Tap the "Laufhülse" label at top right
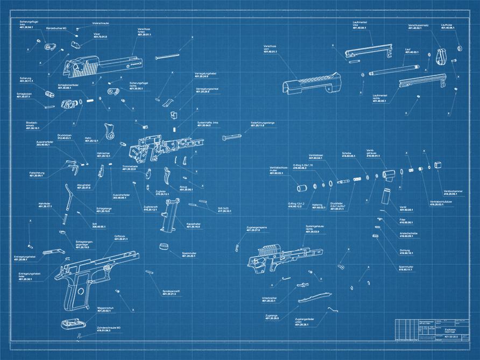(447, 26)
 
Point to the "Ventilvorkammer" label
(451, 192)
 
